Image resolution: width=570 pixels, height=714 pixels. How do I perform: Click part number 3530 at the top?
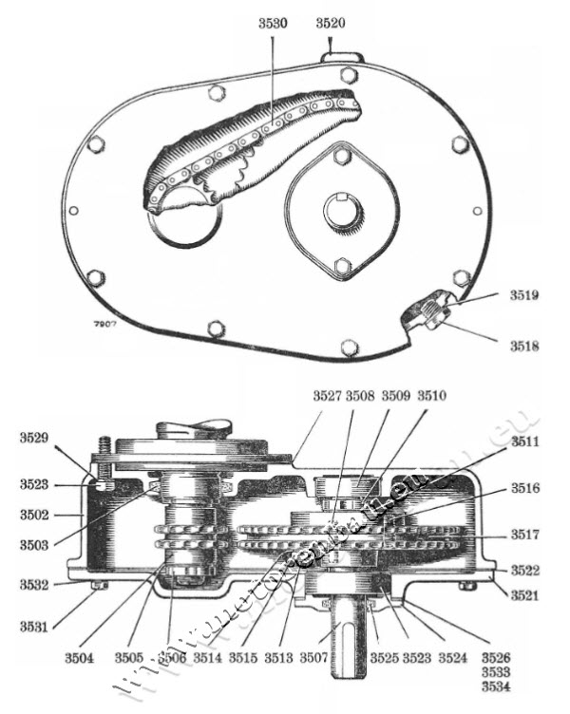[273, 23]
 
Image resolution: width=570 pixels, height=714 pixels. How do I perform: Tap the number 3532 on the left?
[35, 586]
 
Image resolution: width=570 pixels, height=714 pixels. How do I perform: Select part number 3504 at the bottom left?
[106, 656]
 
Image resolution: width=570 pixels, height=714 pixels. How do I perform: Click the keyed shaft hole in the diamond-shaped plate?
[341, 210]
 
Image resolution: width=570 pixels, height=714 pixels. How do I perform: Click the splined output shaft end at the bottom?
[348, 655]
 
